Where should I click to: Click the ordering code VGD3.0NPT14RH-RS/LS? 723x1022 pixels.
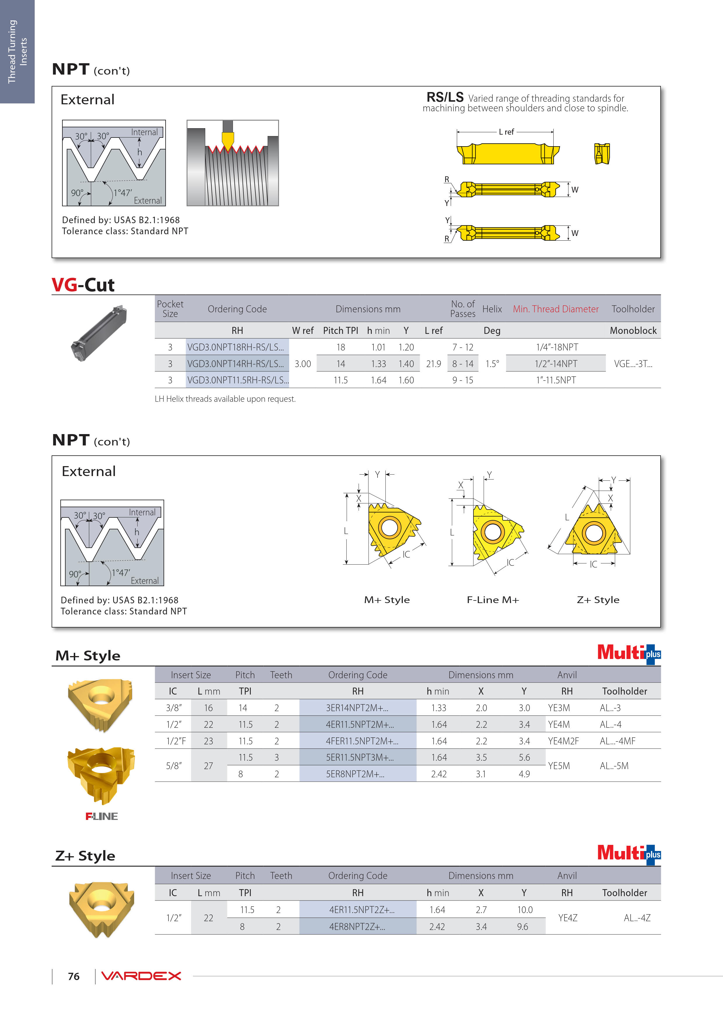point(235,364)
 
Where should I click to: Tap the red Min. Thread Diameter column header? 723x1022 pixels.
point(555,309)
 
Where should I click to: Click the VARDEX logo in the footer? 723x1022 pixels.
point(141,976)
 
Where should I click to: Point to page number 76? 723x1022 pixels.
point(73,976)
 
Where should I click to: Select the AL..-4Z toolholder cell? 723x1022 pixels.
point(637,918)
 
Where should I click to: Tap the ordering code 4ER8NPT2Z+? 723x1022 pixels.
point(357,927)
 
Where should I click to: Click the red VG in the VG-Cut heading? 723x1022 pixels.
point(65,285)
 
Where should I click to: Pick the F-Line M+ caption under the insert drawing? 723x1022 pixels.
point(493,600)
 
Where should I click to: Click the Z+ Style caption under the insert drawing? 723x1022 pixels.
point(598,600)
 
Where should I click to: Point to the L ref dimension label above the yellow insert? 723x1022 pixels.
point(506,132)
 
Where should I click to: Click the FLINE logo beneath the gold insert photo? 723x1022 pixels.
point(101,816)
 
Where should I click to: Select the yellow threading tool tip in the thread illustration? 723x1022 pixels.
point(228,140)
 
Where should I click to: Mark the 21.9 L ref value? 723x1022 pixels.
point(434,364)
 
